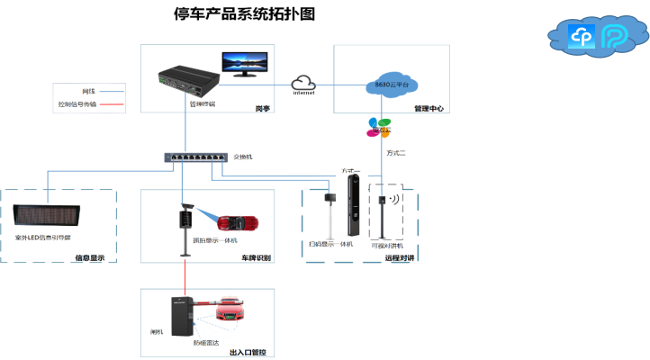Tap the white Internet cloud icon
point(305,82)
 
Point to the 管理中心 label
point(429,108)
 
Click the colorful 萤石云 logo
point(378,127)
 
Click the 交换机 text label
point(243,157)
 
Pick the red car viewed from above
point(238,221)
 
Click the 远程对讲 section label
point(399,258)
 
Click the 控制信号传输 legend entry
point(77,104)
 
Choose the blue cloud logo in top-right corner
point(582,37)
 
